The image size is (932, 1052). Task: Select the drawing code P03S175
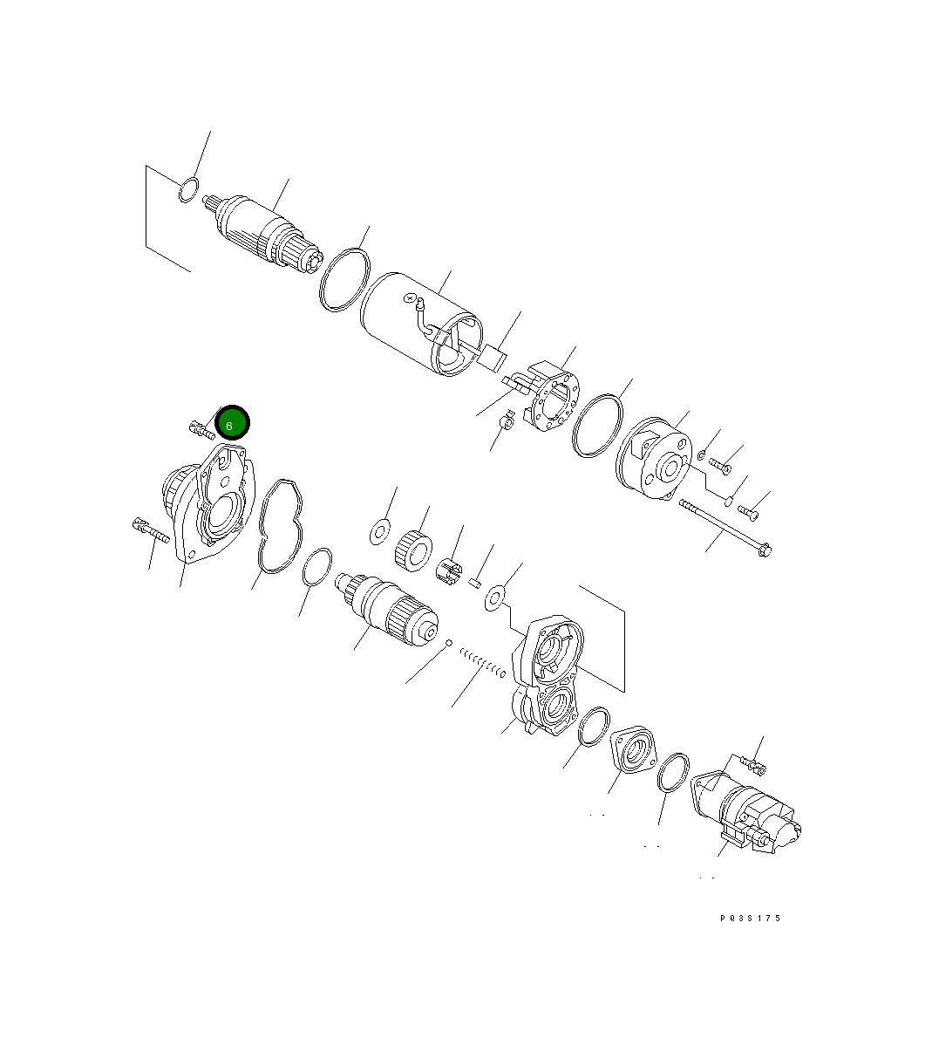pos(750,918)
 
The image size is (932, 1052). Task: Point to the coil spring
pos(482,662)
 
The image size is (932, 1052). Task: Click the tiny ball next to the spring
pos(448,644)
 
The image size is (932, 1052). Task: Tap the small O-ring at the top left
pos(187,189)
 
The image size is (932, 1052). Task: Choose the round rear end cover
pos(654,461)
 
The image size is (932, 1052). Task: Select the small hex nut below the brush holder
pos(505,424)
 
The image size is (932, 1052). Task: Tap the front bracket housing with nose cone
pos(205,506)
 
